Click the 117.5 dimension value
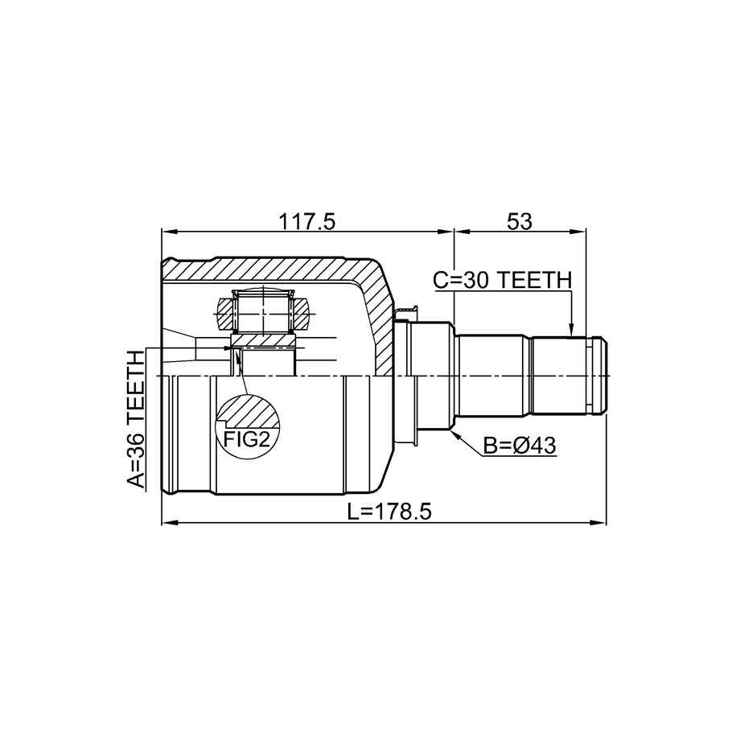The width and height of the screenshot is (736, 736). pyautogui.click(x=307, y=221)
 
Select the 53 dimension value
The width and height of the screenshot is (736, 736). pyautogui.click(x=520, y=221)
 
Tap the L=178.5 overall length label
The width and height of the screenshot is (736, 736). pyautogui.click(x=389, y=512)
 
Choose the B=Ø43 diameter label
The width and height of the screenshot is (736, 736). pyautogui.click(x=520, y=446)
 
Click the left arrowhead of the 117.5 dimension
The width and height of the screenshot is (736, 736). pyautogui.click(x=168, y=231)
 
